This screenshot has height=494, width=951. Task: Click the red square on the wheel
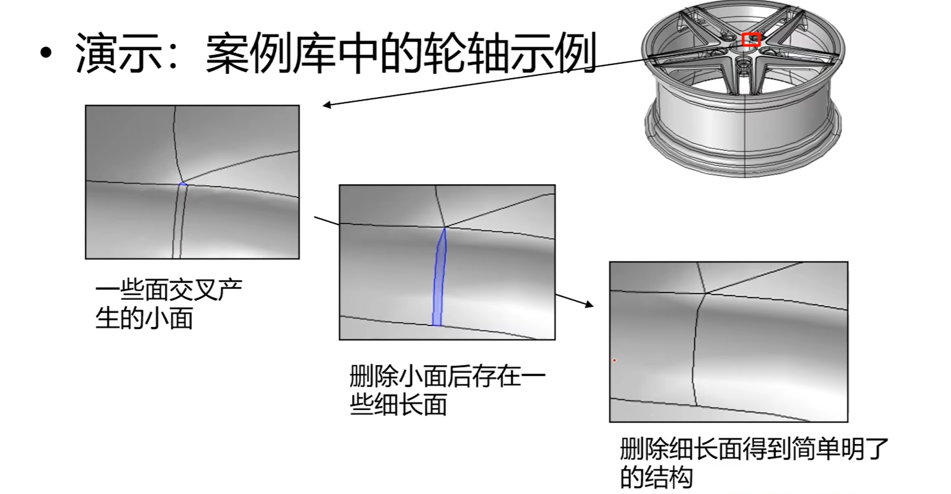click(751, 40)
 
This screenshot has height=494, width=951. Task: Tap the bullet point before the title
click(46, 54)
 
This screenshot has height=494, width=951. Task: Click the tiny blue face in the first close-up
click(183, 183)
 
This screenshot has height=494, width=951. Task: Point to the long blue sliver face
click(438, 279)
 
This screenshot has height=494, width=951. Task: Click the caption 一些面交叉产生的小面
click(168, 304)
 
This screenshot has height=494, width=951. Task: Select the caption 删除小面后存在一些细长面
click(447, 390)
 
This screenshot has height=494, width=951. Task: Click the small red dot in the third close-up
click(614, 361)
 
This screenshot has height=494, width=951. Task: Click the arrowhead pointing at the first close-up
click(327, 105)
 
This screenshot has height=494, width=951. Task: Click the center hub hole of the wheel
click(743, 63)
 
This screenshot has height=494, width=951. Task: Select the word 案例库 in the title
click(271, 54)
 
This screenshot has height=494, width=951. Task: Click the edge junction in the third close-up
click(706, 293)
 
